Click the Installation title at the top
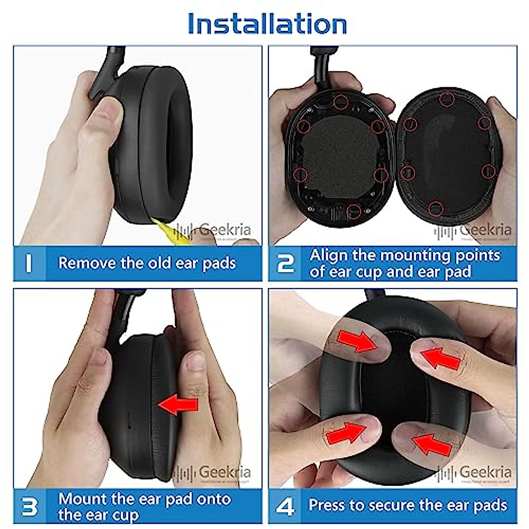point(267,24)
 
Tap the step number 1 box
point(29,263)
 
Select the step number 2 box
point(286,263)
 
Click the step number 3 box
point(29,506)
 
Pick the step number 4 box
point(286,506)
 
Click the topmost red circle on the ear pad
point(447,100)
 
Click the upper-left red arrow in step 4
point(357,341)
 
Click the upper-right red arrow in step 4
point(441,357)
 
